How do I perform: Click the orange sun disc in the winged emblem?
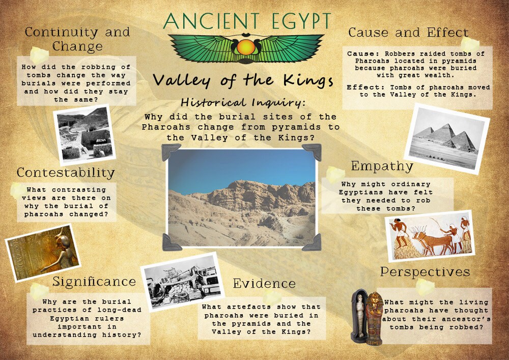coord(246,47)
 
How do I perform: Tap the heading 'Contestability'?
coord(66,173)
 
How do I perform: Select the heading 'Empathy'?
coord(382,167)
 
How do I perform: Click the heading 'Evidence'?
coord(264,284)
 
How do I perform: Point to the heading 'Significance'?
coord(94,282)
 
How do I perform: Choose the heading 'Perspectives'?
coord(425,272)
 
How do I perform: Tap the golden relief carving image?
coord(43,253)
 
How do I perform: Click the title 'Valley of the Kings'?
coord(243,80)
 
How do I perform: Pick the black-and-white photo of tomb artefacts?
coord(182,281)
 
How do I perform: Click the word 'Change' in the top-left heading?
coord(77,47)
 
